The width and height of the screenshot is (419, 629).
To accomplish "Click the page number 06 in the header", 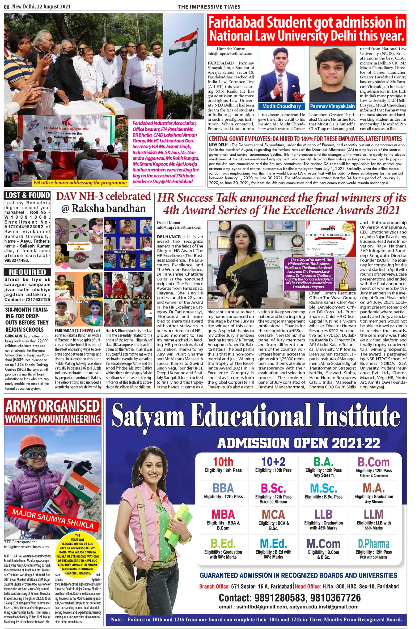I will pos(7,6).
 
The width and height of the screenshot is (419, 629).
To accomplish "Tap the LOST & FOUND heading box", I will pos(27,195).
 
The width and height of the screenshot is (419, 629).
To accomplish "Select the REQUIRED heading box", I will pos(27,272).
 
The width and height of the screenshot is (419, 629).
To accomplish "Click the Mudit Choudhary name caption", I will pos(281,106).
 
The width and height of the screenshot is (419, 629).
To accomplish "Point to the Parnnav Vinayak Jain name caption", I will pos(332,106).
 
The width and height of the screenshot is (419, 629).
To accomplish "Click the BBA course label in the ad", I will pos(223,488).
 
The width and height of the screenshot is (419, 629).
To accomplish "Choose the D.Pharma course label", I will pos(374,544).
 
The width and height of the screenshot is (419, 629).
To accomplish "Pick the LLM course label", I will pos(374,514).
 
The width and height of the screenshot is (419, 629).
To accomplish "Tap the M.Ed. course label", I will pos(273,543).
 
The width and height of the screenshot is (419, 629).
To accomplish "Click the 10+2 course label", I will pos(273,462).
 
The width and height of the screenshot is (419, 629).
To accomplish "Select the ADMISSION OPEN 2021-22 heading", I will pos(298,443).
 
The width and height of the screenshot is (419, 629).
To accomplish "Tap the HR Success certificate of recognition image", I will pos(331,239).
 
